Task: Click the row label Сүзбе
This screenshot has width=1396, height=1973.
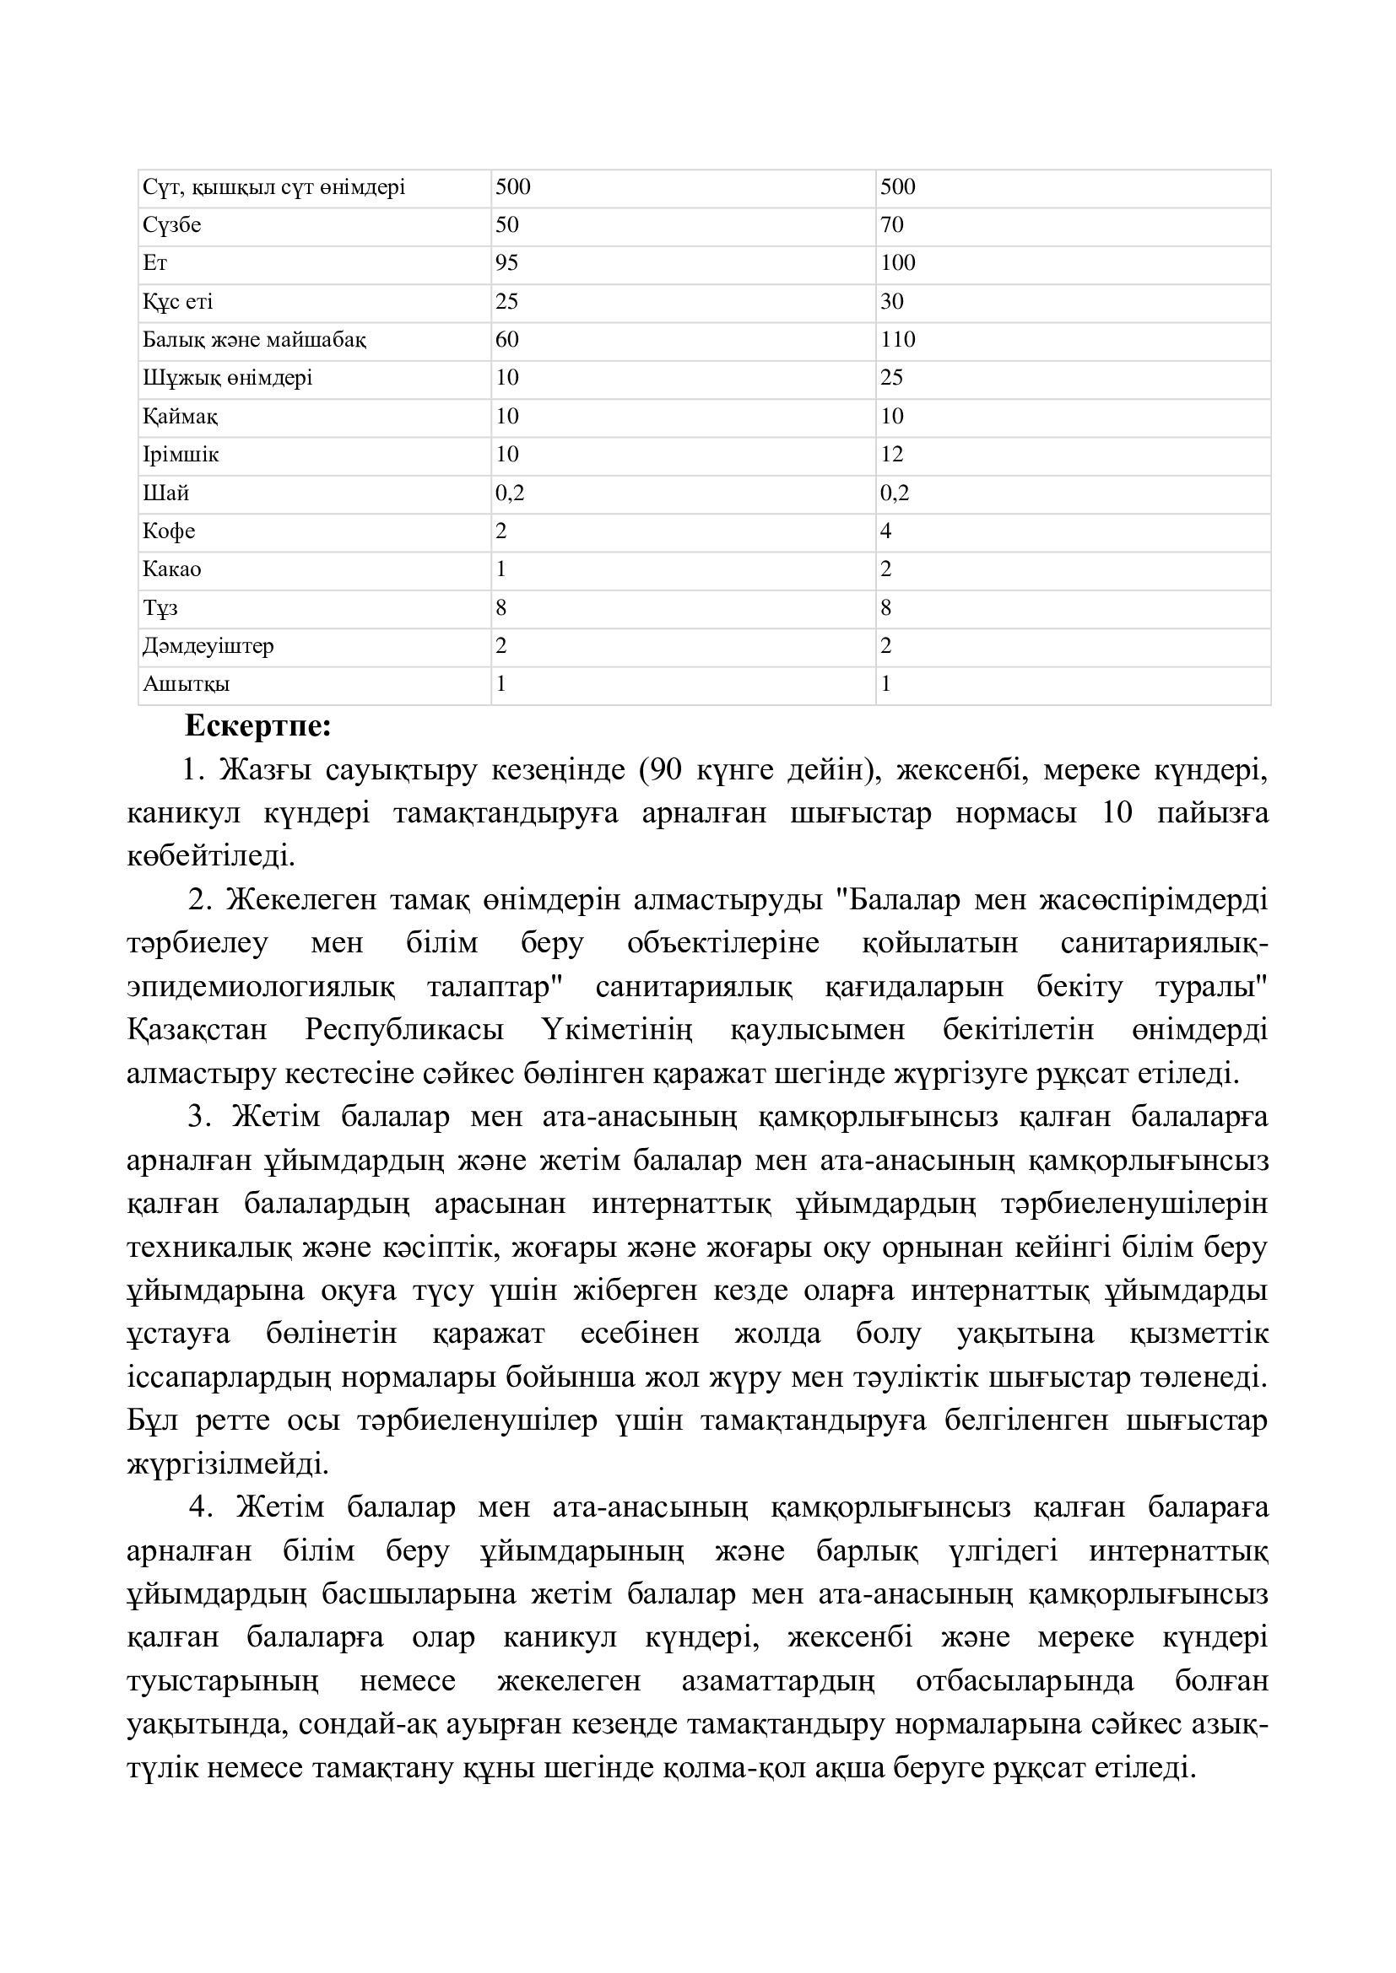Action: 172,225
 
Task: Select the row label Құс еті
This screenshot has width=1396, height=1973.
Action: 178,302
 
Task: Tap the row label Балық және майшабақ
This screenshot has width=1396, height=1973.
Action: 254,340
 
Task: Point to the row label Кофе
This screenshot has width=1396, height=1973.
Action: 170,531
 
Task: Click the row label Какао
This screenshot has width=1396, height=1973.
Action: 172,569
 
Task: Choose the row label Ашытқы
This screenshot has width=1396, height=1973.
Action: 186,685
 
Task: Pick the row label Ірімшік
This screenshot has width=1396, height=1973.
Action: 181,455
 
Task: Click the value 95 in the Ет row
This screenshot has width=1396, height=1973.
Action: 506,263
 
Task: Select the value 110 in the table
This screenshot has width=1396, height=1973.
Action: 897,340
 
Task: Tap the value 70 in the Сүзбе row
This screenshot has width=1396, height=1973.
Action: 891,225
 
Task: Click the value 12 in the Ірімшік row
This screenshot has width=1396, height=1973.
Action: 891,455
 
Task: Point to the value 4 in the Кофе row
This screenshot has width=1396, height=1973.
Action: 885,531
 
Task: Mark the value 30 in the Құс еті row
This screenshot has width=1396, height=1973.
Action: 891,302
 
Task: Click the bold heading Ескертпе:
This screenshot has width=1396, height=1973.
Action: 258,727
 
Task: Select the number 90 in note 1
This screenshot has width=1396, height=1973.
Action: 667,770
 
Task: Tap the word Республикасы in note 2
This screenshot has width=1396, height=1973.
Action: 404,1029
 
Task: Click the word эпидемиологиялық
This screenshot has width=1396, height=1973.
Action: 262,987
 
